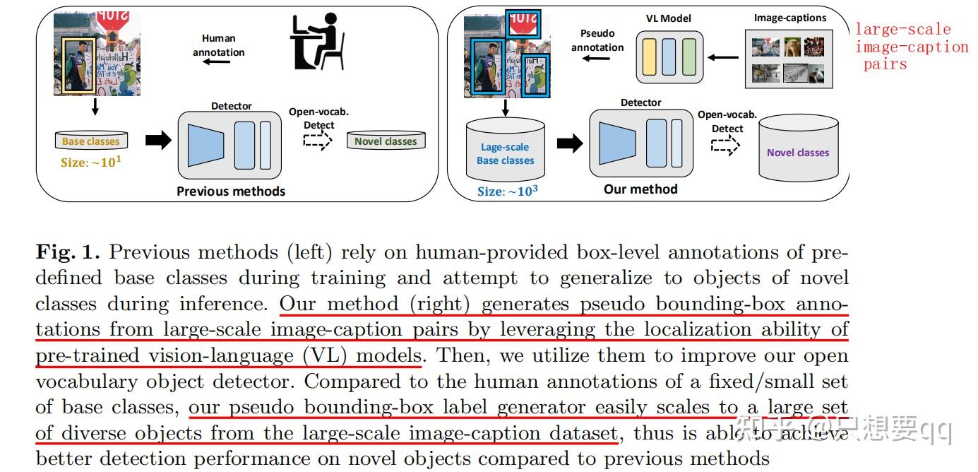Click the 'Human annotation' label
click(218, 45)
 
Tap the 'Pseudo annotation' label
click(597, 40)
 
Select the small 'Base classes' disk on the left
click(92, 141)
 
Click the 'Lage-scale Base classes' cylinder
click(505, 153)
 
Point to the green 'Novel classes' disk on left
click(386, 141)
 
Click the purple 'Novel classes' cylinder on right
click(798, 152)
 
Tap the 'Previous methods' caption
click(231, 191)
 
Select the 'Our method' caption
click(640, 189)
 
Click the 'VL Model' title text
click(669, 18)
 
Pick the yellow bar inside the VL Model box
click(648, 57)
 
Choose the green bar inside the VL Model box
click(689, 57)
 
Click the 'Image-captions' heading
click(789, 18)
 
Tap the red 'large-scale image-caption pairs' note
click(911, 47)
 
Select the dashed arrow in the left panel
click(318, 141)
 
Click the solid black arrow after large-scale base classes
click(569, 143)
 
